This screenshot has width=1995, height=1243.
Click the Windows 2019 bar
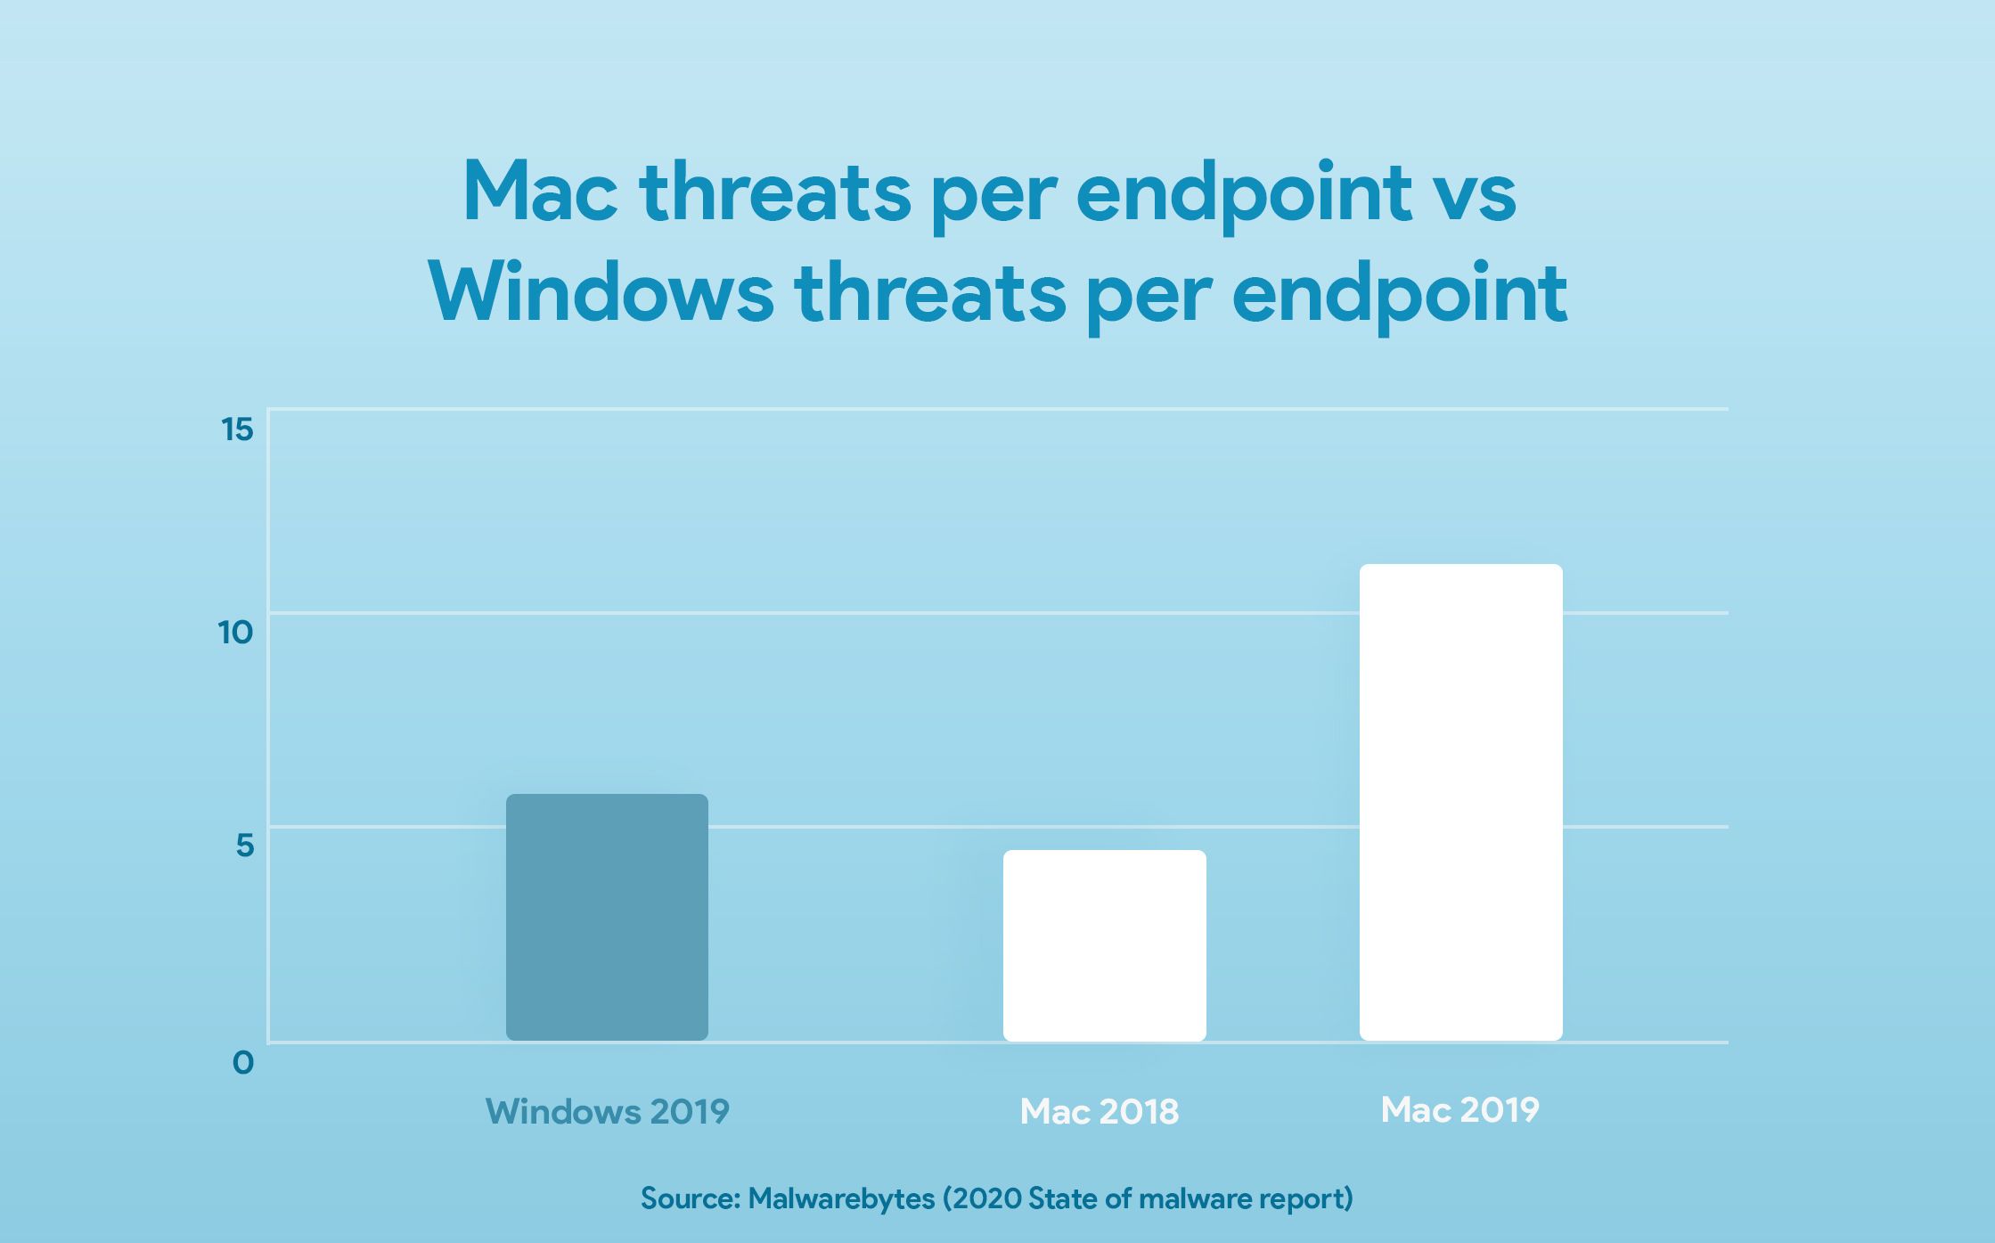click(x=607, y=917)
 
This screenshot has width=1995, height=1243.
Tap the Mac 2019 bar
click(x=1460, y=802)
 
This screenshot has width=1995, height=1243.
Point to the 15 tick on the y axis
click(x=237, y=430)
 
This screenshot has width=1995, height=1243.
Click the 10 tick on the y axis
click(x=236, y=634)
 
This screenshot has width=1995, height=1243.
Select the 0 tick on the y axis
click(x=243, y=1062)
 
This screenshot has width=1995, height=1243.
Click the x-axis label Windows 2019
click(x=607, y=1112)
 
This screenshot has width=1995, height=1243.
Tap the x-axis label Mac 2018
click(x=1099, y=1112)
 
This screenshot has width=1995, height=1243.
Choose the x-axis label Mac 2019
click(x=1459, y=1110)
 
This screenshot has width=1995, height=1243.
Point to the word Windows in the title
click(x=601, y=293)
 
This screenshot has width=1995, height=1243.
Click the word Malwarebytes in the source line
click(x=841, y=1198)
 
